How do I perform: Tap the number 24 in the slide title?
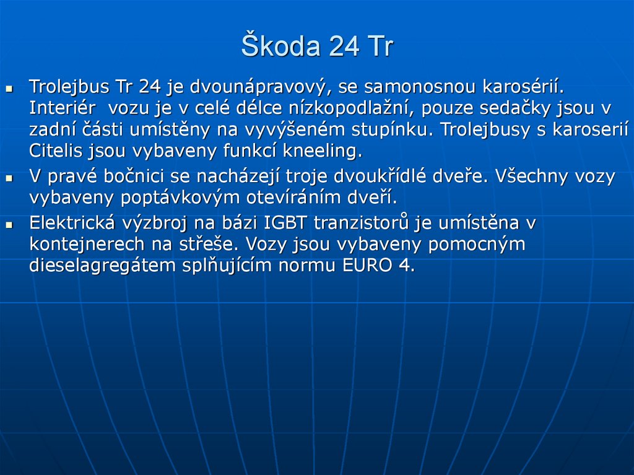pos(344,46)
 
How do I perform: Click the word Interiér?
pos(63,108)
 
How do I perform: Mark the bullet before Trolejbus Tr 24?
pos(9,89)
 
